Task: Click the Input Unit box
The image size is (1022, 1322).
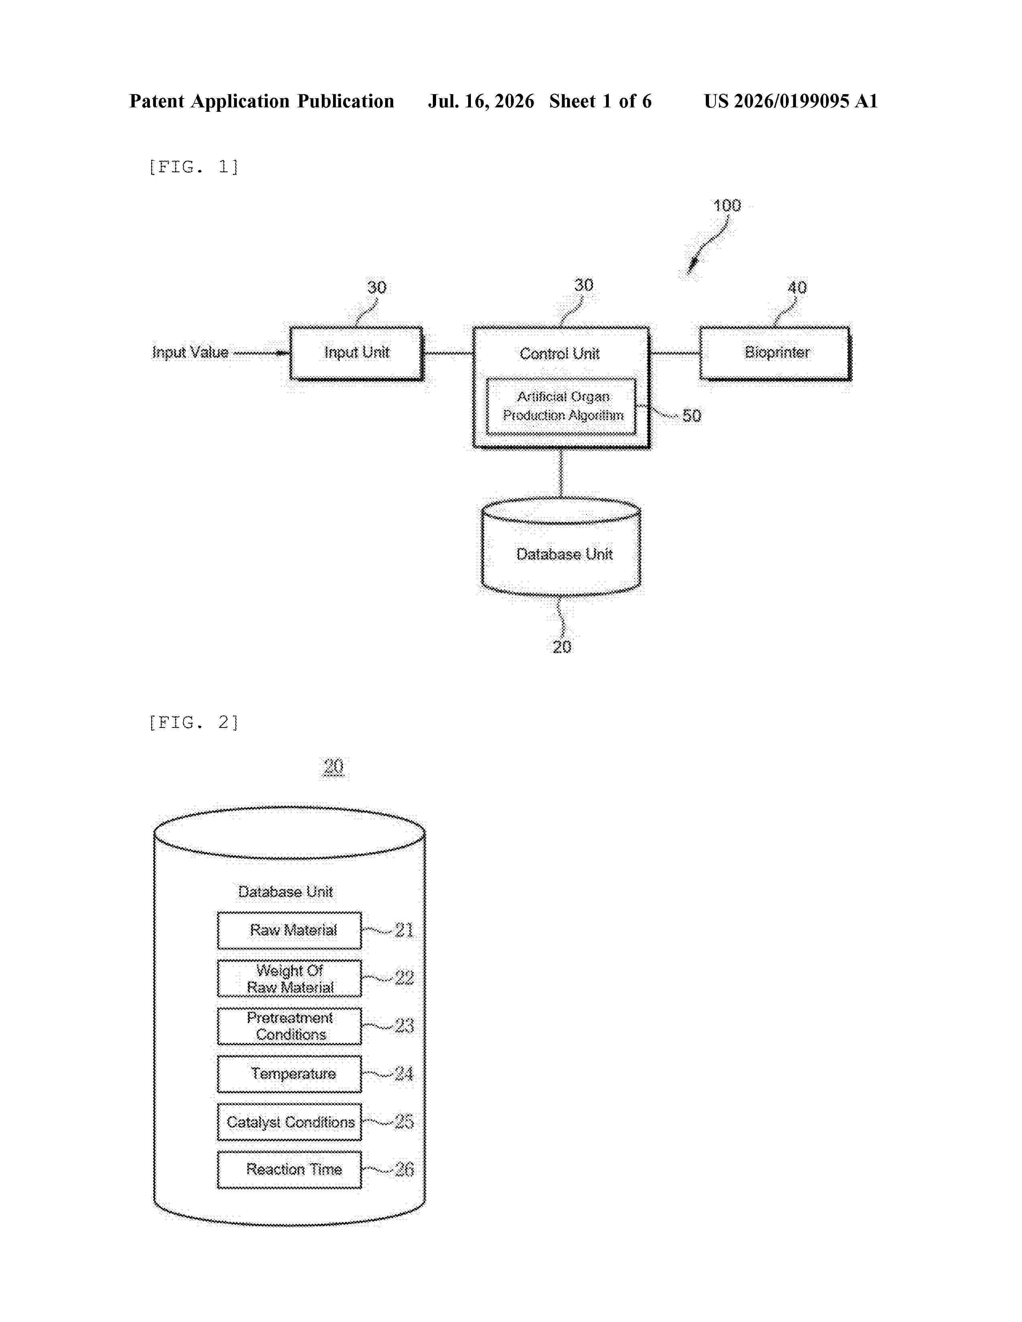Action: click(x=357, y=353)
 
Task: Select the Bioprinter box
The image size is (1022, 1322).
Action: click(x=775, y=353)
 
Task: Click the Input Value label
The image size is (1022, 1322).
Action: click(x=190, y=352)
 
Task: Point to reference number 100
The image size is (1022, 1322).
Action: click(x=727, y=206)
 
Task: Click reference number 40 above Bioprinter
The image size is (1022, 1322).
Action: click(x=797, y=288)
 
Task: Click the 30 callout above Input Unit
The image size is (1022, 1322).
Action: click(x=377, y=288)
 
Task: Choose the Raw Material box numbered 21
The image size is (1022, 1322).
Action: click(x=289, y=930)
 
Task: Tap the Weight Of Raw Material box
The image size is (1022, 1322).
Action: click(x=289, y=978)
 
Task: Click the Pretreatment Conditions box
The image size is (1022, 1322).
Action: click(x=289, y=1026)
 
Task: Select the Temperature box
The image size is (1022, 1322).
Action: click(x=289, y=1074)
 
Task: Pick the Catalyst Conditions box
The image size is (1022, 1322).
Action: click(x=289, y=1122)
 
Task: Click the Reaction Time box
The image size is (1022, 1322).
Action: click(x=289, y=1169)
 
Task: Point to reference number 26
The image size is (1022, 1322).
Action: click(x=404, y=1169)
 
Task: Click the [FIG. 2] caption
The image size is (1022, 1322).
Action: click(x=194, y=722)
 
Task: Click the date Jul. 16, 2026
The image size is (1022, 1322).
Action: click(x=481, y=101)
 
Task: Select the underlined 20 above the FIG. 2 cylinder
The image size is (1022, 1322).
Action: click(x=333, y=766)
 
